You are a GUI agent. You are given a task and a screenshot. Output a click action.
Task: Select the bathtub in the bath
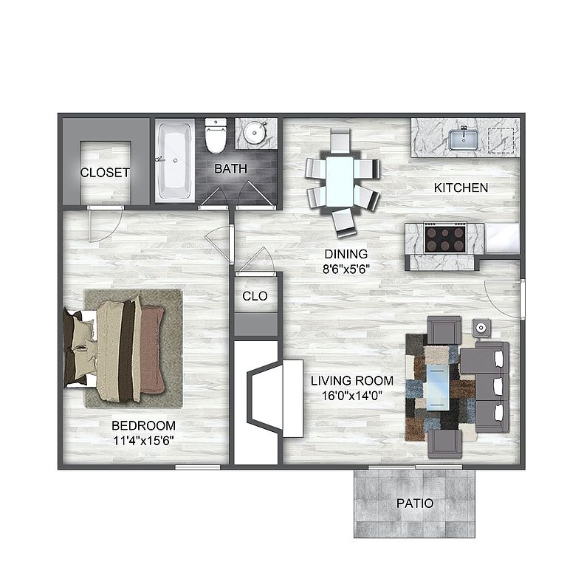175,160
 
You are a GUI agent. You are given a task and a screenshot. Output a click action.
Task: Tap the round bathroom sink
255,133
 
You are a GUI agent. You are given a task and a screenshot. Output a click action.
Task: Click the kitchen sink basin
464,140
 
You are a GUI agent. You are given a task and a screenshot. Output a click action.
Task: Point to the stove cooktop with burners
445,238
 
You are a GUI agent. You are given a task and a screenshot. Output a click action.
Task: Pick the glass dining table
340,181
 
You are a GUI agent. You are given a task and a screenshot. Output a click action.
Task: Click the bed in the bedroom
114,350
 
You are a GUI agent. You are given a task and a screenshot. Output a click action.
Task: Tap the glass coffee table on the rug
438,388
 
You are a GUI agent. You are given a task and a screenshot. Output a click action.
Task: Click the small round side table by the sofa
481,328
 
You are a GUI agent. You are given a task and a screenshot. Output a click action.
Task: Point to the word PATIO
415,504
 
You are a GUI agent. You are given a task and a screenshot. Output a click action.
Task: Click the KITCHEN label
461,188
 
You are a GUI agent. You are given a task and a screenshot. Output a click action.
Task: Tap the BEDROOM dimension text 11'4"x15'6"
143,441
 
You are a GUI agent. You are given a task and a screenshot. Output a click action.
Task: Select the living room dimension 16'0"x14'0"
352,396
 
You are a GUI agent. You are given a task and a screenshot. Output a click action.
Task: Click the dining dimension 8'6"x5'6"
346,269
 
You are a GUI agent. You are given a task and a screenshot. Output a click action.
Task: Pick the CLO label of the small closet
255,296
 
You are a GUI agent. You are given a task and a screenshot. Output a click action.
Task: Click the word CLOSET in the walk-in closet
105,173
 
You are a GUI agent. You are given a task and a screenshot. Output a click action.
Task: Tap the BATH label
230,168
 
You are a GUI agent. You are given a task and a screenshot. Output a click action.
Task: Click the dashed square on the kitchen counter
501,140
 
